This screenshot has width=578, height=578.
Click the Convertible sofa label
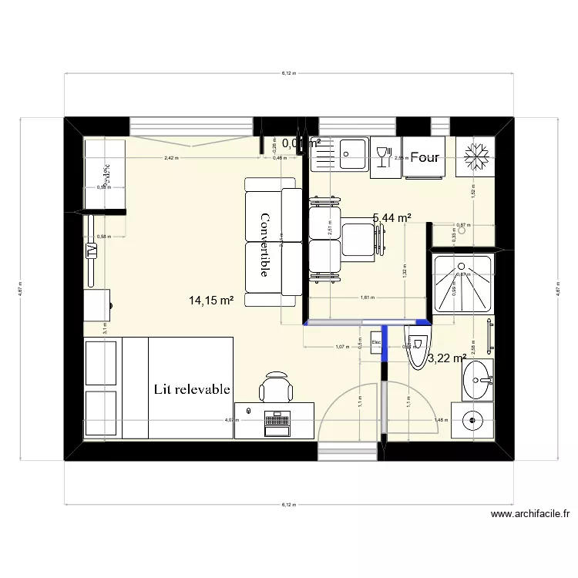[x=264, y=245]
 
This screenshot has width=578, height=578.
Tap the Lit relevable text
[x=192, y=389]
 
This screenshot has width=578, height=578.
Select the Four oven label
[x=425, y=157]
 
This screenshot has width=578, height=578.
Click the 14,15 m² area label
[x=210, y=301]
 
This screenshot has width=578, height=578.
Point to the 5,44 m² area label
[x=391, y=219]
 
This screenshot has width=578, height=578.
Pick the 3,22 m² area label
[x=447, y=358]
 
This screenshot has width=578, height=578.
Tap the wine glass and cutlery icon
[x=381, y=157]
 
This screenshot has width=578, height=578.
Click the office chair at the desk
[x=275, y=386]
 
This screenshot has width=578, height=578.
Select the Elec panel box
[x=377, y=343]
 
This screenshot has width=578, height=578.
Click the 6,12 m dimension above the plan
[x=287, y=73]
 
